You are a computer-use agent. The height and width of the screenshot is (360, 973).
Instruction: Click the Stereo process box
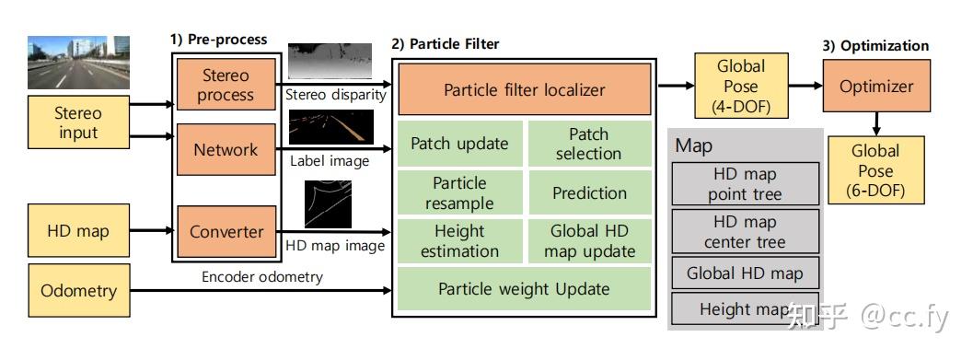point(226,85)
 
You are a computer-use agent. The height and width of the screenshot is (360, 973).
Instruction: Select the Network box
point(226,149)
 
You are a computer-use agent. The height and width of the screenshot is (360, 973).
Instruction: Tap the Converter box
point(226,232)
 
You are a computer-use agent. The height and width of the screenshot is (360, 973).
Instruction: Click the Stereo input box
point(78,123)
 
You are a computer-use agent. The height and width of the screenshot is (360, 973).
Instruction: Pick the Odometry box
point(79,291)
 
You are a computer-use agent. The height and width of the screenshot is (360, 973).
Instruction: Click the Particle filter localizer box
point(524,89)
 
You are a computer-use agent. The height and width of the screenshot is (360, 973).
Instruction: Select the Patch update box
point(459,144)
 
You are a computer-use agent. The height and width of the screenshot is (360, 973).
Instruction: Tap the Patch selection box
point(588,144)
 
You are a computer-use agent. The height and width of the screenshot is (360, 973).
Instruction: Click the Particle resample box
point(459,192)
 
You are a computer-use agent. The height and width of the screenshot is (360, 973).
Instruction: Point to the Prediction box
point(589,193)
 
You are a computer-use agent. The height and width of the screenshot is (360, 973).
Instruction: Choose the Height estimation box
point(459,241)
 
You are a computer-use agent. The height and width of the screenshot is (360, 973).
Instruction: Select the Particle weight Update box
point(524,289)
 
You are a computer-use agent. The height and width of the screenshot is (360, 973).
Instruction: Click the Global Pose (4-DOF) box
point(741,86)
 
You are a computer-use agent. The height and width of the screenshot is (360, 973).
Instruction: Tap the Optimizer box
point(875,87)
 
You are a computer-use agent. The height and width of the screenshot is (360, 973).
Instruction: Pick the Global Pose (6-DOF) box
point(875,170)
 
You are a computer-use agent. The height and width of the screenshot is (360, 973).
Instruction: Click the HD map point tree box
point(745,184)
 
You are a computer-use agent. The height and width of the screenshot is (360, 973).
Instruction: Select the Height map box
point(745,309)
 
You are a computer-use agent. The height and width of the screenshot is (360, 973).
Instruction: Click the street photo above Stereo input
point(78,61)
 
